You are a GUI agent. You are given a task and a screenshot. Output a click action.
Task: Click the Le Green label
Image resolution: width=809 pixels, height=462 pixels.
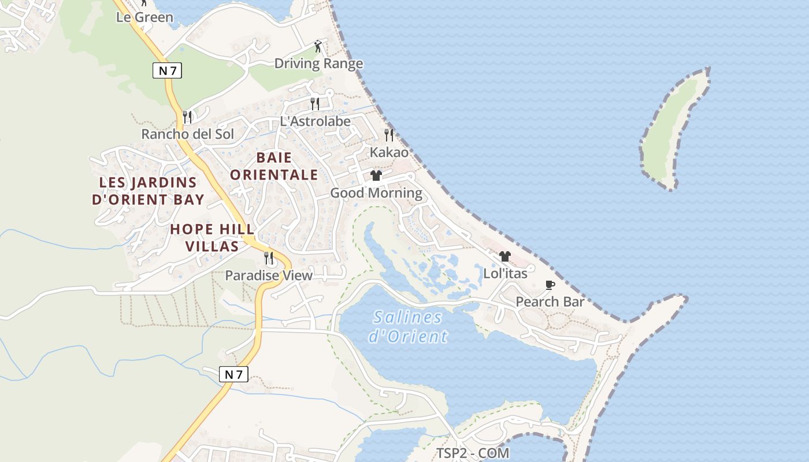point(144,17)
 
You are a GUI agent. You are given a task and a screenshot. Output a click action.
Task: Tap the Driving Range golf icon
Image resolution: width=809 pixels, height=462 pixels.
point(317,46)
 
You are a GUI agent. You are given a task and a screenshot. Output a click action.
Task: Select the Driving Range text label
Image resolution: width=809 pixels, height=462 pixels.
point(318,64)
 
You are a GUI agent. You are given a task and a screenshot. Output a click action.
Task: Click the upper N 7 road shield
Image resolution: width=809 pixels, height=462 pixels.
point(168,70)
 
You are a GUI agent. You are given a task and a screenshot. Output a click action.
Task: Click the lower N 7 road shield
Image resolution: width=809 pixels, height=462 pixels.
point(234,374)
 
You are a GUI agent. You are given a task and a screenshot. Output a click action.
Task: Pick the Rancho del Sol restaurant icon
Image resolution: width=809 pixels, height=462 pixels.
point(187,117)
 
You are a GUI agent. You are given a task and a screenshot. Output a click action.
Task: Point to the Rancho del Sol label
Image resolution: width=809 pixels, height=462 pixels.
point(188,135)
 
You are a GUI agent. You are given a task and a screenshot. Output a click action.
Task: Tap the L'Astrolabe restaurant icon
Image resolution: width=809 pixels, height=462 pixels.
point(315,104)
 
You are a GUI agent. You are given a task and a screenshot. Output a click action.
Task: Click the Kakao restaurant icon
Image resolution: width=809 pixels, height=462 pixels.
point(389,135)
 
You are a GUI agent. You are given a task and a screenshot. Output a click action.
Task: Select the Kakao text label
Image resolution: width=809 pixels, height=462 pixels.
point(389,152)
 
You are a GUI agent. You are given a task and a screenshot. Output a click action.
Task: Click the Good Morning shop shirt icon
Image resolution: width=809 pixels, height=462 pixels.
point(376,176)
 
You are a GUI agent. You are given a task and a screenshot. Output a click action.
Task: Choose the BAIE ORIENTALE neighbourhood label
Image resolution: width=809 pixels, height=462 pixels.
point(274,166)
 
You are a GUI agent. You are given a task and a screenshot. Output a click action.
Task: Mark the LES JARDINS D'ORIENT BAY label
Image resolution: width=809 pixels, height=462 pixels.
point(148,191)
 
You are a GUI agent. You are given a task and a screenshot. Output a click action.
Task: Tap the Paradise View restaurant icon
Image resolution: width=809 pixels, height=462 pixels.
point(269,258)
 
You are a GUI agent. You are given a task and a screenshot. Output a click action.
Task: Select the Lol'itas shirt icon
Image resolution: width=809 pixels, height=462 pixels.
point(505,256)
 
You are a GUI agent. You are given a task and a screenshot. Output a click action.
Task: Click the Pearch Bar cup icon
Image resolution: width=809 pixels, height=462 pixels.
point(550,285)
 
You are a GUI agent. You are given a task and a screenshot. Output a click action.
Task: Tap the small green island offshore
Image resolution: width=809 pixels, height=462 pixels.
point(674,130)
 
